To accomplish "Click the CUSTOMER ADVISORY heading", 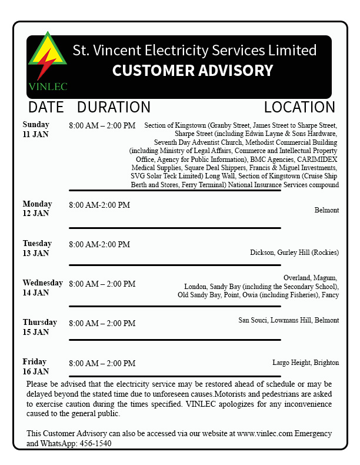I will (192, 71).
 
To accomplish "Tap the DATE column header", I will (46, 107).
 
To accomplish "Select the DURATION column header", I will (114, 107).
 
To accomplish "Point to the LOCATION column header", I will (299, 107).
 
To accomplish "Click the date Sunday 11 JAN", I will (36, 129).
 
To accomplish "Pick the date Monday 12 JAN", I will (37, 209).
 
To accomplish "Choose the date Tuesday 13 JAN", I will (37, 248).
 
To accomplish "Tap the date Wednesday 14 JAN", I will (42, 288).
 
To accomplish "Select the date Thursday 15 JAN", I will (39, 327).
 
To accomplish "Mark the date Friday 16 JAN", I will (36, 367).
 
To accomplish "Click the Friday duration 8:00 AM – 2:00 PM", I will (102, 363).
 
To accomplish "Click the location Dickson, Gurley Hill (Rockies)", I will (294, 253).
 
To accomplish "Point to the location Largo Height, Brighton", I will (305, 363).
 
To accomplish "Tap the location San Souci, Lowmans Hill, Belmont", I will (288, 320).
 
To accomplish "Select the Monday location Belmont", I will (326, 210).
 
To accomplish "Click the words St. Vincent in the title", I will (98, 50).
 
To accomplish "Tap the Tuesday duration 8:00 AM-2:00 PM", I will (99, 244).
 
